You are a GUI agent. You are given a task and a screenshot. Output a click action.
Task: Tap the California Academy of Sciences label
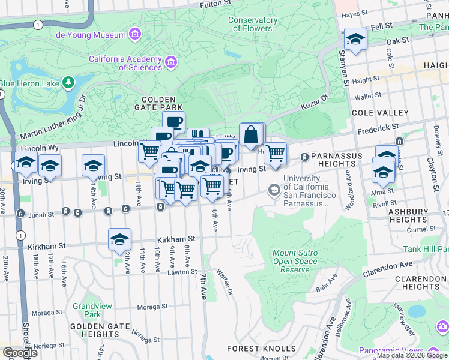coord(125,63)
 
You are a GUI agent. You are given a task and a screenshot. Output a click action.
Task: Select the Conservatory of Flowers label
coord(253,24)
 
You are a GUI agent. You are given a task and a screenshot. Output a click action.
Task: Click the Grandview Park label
coord(92,310)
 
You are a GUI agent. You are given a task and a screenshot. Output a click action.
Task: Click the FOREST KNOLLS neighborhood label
coord(261,349)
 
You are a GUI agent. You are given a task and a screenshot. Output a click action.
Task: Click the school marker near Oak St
coord(355,40)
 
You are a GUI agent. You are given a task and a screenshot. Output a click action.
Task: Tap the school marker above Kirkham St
coord(119,239)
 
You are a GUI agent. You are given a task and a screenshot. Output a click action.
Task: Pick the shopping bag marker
coord(250,134)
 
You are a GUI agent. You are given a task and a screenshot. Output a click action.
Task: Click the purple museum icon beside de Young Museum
coord(136,35)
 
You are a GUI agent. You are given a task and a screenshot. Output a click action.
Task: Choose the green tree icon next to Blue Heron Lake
coord(70,81)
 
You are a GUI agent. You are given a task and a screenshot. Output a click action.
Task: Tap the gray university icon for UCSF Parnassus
coord(274,190)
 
